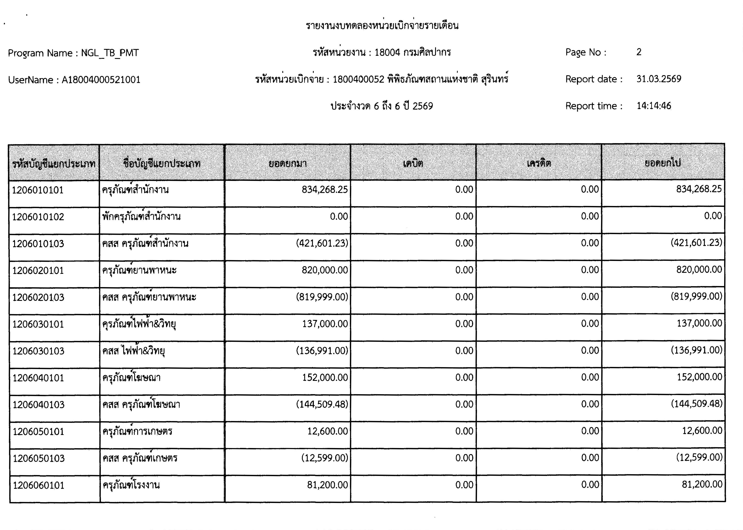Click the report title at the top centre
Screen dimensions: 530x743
tap(382, 26)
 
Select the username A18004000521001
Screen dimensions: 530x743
tap(101, 80)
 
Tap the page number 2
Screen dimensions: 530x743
tap(639, 52)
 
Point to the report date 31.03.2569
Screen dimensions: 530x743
tap(659, 79)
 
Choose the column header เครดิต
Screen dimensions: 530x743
tap(539, 163)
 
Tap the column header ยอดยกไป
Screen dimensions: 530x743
tap(663, 162)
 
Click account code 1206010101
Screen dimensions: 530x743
tap(38, 190)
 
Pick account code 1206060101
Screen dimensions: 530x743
tap(38, 485)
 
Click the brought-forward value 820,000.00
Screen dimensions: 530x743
tap(325, 270)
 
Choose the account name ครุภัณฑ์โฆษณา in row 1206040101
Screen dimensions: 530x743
tap(131, 378)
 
